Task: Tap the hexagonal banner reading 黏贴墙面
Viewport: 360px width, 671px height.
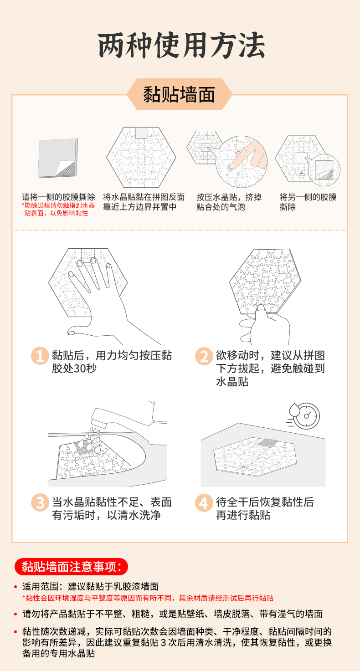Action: [x=179, y=94]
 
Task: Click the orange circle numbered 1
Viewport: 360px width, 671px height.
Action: [x=40, y=356]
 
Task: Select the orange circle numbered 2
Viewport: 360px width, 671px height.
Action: [x=204, y=356]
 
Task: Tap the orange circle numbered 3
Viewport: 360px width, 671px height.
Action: [x=40, y=502]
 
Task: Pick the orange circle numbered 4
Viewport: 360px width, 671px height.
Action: [x=204, y=503]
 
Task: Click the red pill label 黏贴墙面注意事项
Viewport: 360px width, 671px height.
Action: [x=72, y=567]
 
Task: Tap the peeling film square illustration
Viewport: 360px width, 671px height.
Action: [x=58, y=158]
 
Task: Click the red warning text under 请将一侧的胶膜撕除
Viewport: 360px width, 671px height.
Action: [x=58, y=209]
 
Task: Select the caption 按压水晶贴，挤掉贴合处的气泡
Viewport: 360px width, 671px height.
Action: [x=229, y=202]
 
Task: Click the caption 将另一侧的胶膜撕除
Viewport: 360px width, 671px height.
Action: [x=308, y=202]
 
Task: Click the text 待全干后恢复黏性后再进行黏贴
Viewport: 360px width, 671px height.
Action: [x=265, y=508]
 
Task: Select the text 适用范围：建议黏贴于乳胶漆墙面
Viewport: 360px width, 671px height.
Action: [x=90, y=586]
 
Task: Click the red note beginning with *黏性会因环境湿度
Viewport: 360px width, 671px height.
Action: [x=148, y=598]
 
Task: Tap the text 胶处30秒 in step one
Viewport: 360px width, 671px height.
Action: [x=74, y=369]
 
